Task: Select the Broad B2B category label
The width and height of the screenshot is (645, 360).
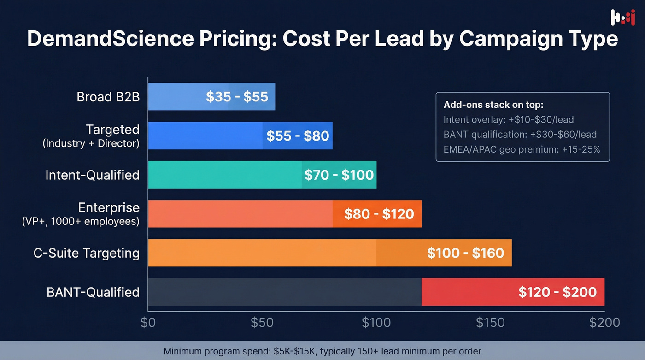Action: point(108,97)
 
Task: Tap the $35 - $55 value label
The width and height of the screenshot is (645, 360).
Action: point(237,97)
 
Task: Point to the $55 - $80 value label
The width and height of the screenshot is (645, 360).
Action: point(298,136)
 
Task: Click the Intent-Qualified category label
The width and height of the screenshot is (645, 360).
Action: point(92,175)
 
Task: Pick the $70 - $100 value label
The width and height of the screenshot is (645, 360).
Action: point(339,175)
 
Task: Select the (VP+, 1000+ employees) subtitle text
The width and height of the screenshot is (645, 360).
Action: point(81,221)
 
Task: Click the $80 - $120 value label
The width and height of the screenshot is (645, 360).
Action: point(379,214)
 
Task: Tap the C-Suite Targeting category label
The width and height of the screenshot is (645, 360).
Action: point(86,253)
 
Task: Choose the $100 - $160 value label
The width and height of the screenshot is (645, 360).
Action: point(465,253)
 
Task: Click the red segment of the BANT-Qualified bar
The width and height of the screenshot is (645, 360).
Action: point(512,292)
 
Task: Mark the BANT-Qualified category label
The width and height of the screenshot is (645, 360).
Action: point(93,292)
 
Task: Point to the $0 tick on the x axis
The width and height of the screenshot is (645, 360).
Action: point(148,323)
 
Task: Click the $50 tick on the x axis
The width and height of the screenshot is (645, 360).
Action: point(262,323)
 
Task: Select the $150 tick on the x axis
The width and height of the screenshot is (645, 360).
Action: point(490,323)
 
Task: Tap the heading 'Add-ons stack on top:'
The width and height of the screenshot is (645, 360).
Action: point(493,105)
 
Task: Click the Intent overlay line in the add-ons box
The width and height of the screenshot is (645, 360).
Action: point(508,120)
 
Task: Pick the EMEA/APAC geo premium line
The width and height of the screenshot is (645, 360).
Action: point(522,149)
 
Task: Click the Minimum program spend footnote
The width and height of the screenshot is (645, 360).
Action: point(322,351)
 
